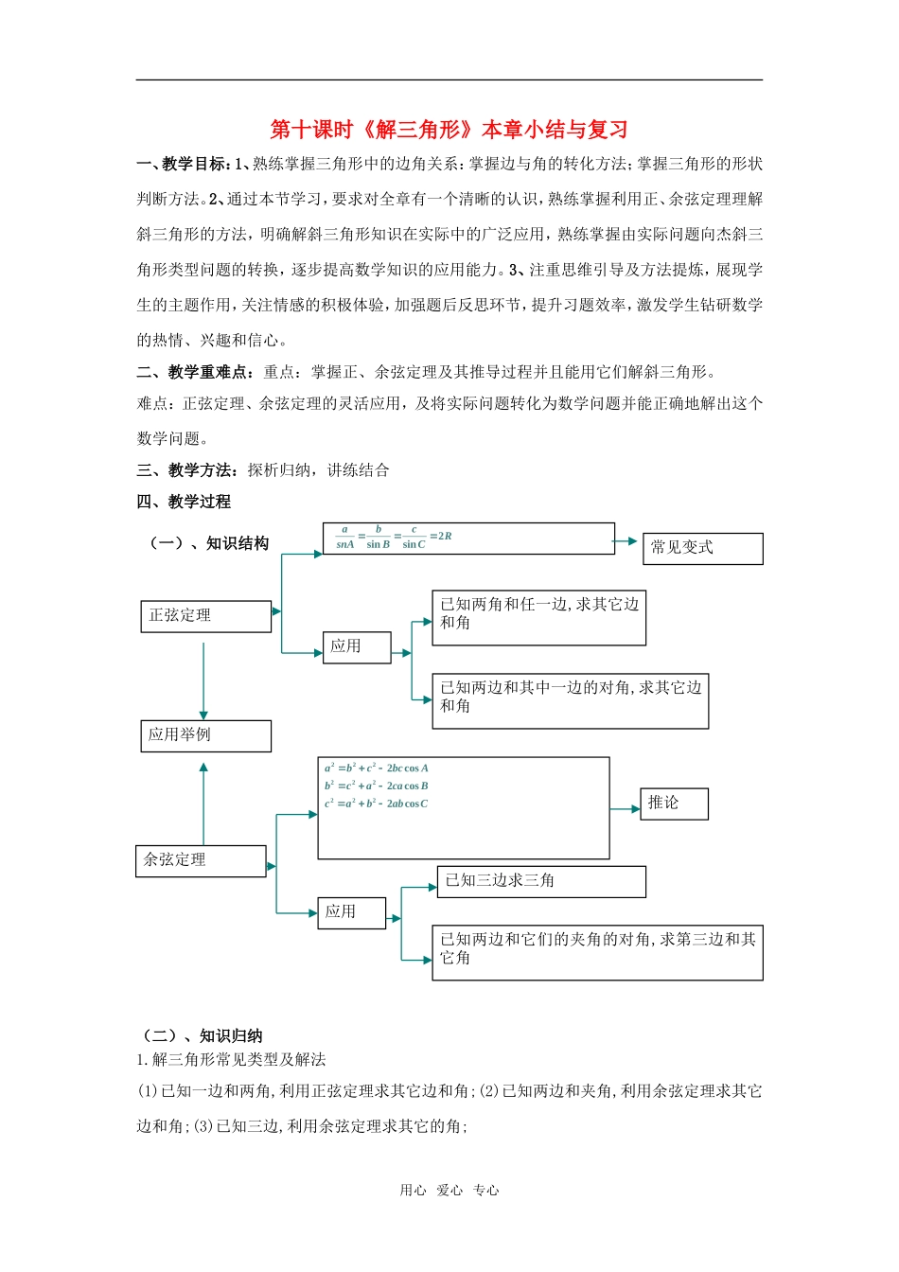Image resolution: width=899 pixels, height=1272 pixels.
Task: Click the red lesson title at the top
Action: pos(449,130)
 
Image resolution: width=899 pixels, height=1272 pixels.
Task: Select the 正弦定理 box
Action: pos(205,616)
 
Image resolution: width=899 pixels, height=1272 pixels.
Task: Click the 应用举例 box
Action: pos(205,735)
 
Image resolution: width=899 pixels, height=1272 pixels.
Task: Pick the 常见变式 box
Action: pos(702,548)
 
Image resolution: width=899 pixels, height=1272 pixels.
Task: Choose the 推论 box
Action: pos(674,804)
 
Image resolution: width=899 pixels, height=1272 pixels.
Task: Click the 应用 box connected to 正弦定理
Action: pos(356,647)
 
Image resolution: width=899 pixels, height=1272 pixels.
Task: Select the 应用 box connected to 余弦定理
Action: pos(351,912)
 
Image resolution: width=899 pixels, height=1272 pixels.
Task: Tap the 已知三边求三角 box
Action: pos(540,881)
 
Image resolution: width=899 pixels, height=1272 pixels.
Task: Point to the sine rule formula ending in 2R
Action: pos(394,538)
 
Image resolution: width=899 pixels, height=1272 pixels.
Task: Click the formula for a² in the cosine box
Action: pos(377,768)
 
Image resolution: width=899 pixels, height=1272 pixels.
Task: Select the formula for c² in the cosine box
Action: pos(377,804)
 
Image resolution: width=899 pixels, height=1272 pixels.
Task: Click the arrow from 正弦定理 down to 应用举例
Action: pos(203,681)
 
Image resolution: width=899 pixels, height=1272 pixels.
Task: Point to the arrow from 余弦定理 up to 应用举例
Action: pos(203,804)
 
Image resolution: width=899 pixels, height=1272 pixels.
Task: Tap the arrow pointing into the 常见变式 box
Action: pos(626,541)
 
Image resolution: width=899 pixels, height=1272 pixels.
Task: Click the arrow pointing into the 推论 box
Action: pos(626,809)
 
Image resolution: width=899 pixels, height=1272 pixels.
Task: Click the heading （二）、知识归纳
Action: pos(201,1035)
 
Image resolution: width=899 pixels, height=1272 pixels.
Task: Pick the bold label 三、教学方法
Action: pos(186,470)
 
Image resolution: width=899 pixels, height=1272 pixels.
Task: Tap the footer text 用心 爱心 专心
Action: pos(449,1191)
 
